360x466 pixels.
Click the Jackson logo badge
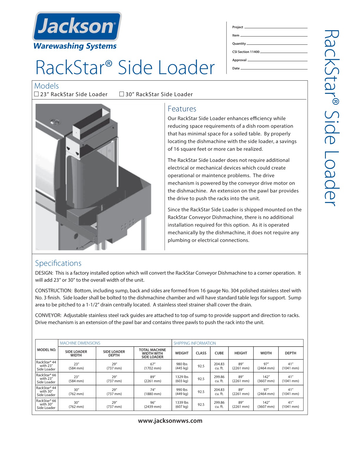[77, 26]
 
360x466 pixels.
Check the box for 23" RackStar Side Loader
[36, 94]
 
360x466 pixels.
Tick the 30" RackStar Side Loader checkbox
[121, 94]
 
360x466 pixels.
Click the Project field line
[276, 27]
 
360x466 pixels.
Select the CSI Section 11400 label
[246, 52]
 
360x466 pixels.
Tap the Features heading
[182, 109]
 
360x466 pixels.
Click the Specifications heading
[58, 263]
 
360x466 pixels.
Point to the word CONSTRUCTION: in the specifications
[53, 291]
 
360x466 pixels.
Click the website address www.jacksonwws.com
[170, 421]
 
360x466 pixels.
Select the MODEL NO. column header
[46, 350]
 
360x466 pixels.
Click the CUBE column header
[219, 353]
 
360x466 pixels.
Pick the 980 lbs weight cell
[182, 366]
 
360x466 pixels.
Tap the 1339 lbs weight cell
[182, 405]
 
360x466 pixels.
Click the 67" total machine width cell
[153, 366]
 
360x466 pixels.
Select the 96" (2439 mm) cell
[153, 405]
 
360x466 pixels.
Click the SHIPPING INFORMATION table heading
[194, 343]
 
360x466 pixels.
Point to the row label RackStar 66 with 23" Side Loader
[46, 379]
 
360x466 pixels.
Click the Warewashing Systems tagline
[75, 46]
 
